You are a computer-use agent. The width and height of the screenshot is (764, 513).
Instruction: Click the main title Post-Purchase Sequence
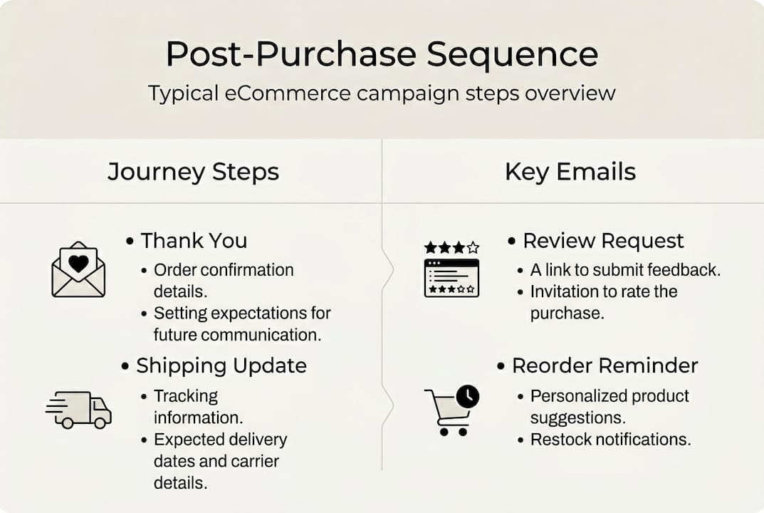382,54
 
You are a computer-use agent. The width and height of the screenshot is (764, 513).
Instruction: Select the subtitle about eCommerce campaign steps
382,93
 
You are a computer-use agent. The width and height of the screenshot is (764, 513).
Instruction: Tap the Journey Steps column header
193,172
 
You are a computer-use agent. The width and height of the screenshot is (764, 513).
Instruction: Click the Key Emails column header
570,172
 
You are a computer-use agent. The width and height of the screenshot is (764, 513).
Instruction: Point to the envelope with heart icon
78,270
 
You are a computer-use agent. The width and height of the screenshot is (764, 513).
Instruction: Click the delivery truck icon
79,410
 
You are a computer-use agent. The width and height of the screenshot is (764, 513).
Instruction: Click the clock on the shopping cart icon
467,397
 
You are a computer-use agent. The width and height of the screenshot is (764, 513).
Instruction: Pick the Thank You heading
193,241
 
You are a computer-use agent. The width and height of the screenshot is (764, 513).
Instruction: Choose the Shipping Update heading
221,366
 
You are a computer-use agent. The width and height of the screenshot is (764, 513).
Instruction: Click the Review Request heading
602,241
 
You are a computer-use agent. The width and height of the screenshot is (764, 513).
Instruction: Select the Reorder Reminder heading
605,366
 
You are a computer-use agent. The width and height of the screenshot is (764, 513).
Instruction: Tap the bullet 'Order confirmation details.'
224,279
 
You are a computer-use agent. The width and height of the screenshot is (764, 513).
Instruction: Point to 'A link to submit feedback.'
625,270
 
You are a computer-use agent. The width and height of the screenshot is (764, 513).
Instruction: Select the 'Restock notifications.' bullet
610,439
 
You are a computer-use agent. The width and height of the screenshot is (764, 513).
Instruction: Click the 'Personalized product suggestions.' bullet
609,405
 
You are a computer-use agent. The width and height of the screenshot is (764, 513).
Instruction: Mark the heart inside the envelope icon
78,263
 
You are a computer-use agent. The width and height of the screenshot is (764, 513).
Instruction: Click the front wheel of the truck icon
100,423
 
